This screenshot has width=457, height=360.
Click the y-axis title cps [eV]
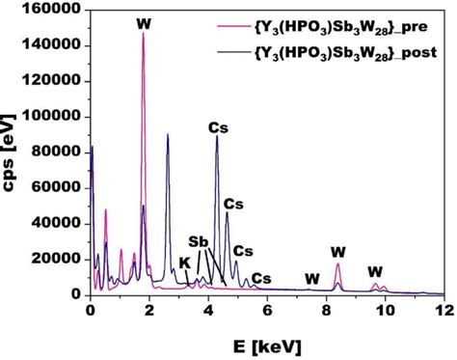click(13, 150)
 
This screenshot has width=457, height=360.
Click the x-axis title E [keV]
click(267, 343)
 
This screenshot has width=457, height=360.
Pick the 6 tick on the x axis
click(267, 312)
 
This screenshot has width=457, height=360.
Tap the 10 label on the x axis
click(385, 312)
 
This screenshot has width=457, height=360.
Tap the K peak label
click(183, 262)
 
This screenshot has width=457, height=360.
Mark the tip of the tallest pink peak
click(144, 34)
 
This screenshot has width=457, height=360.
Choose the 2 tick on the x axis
click(148, 312)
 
